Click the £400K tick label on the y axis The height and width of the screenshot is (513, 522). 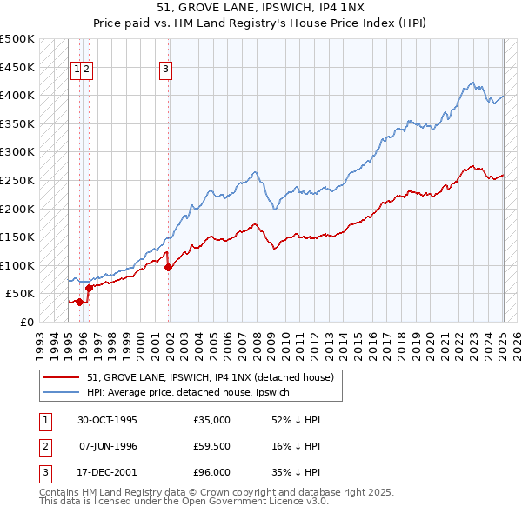click(x=17, y=95)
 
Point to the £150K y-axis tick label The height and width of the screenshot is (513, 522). click(x=17, y=237)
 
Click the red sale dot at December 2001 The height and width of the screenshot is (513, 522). click(x=169, y=268)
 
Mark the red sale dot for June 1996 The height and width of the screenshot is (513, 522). click(x=89, y=288)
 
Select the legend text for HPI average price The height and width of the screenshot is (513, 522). click(x=191, y=392)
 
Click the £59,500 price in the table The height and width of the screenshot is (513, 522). click(x=212, y=446)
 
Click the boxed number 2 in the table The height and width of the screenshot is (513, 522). click(x=44, y=446)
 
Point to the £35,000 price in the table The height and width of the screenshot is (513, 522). click(x=212, y=420)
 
